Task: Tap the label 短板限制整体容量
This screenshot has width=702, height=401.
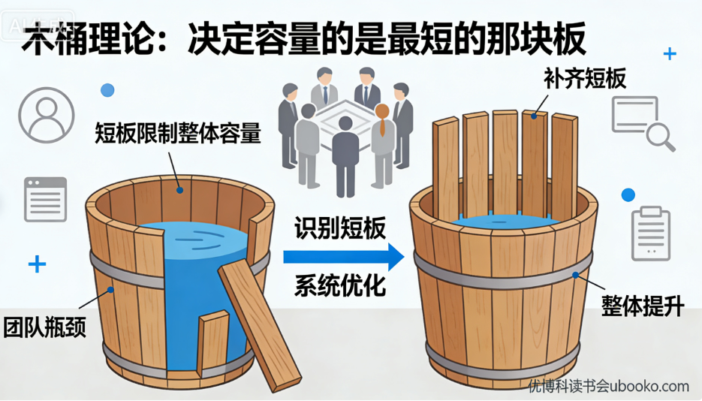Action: click(177, 133)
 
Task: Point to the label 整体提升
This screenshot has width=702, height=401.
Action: click(643, 306)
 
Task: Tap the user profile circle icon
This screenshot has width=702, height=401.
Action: click(47, 114)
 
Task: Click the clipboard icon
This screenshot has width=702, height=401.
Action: click(649, 233)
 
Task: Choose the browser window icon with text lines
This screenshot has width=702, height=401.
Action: click(46, 199)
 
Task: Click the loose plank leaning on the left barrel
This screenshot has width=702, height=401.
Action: click(256, 319)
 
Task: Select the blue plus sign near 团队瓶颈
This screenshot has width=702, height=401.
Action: click(37, 264)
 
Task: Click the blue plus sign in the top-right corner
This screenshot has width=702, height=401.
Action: click(670, 54)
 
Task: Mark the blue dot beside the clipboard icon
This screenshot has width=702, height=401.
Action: click(628, 195)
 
